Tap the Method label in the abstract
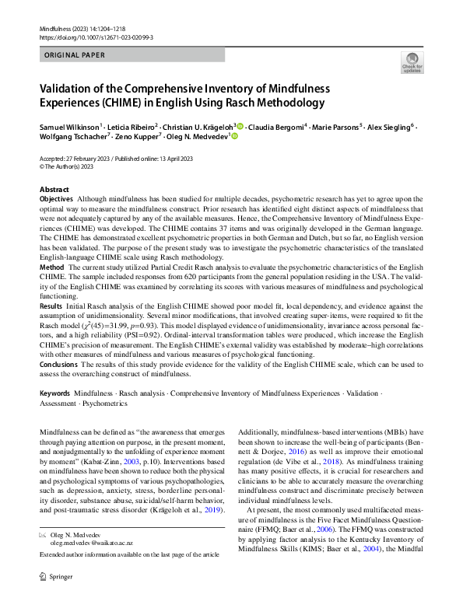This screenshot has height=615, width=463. click(52, 267)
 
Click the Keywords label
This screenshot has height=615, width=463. click(55, 394)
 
